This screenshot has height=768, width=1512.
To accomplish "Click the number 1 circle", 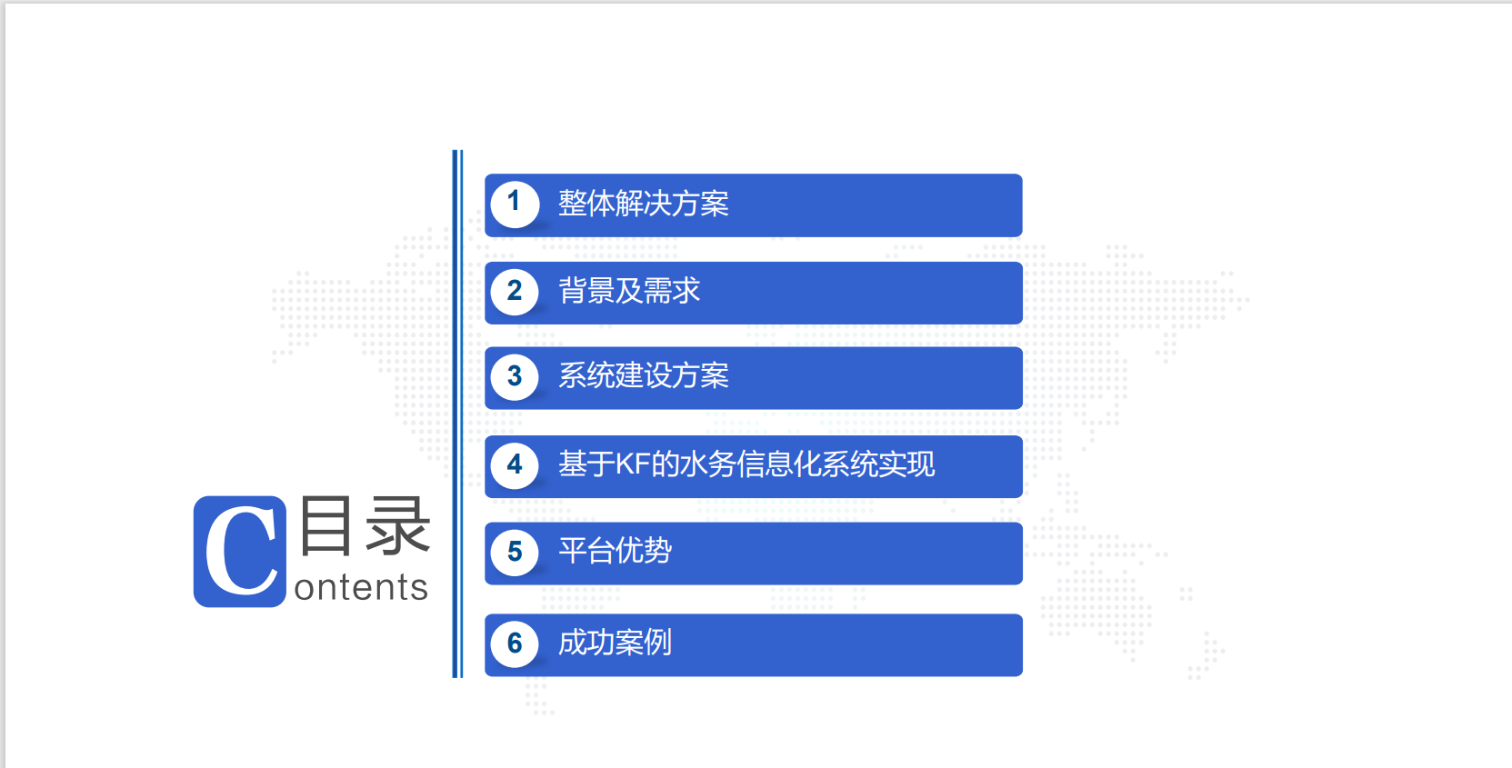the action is (515, 204).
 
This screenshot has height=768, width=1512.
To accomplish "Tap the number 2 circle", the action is (515, 292).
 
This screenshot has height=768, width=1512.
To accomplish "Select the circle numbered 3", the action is (515, 376).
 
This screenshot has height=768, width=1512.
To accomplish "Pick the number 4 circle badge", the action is (515, 465).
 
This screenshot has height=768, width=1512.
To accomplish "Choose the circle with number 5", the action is (515, 552).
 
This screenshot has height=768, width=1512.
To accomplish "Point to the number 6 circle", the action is (515, 643).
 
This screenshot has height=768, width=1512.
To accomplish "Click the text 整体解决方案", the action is (644, 204).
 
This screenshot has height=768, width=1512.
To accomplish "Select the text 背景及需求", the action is (629, 291).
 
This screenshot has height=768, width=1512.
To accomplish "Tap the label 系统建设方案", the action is (644, 375).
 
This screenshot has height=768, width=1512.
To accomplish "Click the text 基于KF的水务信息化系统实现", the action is (746, 464).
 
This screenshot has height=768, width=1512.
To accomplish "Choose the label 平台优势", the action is (615, 551).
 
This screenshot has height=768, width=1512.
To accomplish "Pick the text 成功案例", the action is (615, 643).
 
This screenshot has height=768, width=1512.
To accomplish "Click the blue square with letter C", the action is (240, 552).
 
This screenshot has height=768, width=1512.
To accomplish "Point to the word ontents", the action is (361, 587).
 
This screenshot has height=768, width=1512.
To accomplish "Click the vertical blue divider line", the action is (457, 414).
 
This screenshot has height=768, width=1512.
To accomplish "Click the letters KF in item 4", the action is (633, 464).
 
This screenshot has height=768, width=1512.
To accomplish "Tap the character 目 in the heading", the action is (325, 525).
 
